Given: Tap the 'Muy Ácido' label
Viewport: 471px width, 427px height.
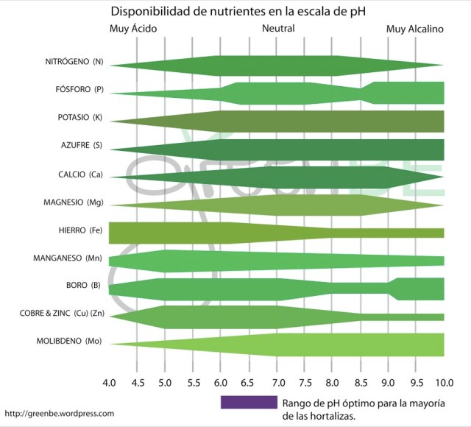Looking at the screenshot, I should pyautogui.click(x=133, y=29).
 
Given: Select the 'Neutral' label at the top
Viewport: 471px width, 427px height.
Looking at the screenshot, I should pyautogui.click(x=278, y=29).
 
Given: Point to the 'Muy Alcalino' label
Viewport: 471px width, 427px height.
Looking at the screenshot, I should pyautogui.click(x=415, y=29).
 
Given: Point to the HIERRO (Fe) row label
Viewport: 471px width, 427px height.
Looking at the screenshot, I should pyautogui.click(x=79, y=230).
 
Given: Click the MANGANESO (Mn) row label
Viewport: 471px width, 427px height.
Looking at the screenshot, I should pyautogui.click(x=68, y=258).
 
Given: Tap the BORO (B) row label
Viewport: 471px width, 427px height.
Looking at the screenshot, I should pyautogui.click(x=83, y=286).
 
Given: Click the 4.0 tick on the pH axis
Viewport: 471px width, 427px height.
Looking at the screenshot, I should pyautogui.click(x=110, y=384).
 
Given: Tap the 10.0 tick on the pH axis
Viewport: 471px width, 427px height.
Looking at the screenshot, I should pyautogui.click(x=443, y=384).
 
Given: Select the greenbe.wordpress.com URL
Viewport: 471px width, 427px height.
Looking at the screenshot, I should pyautogui.click(x=60, y=414).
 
